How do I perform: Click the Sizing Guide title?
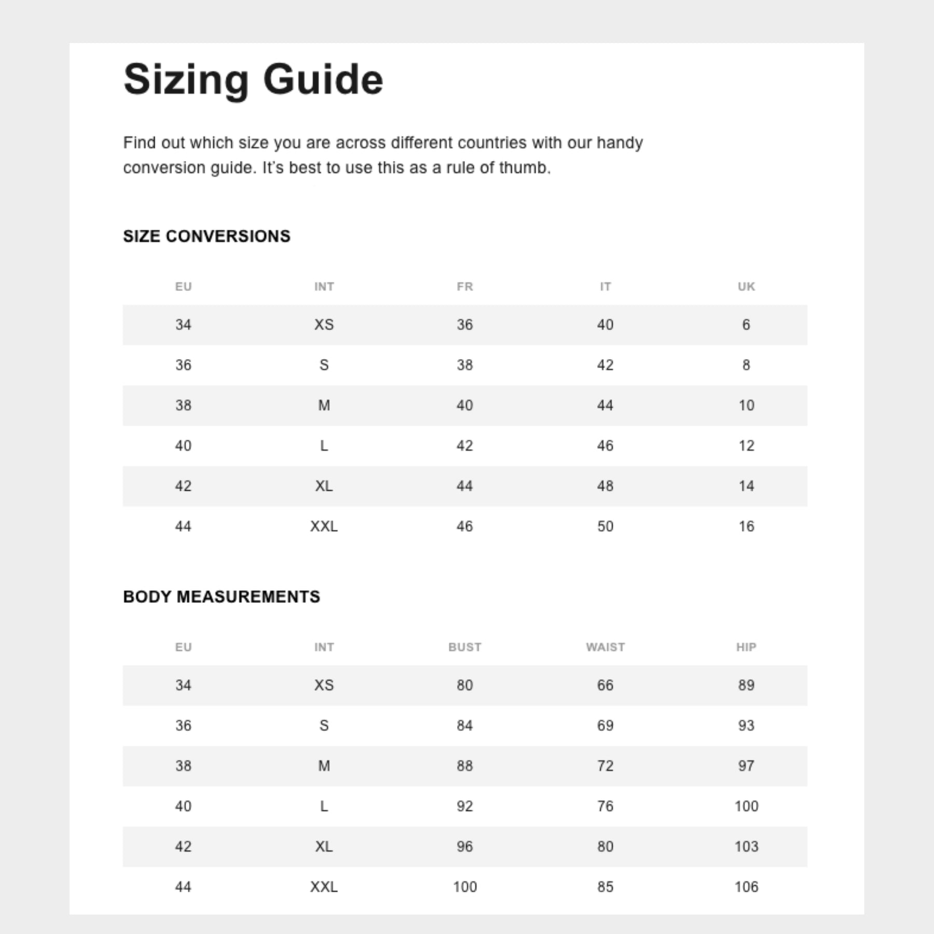pos(253,79)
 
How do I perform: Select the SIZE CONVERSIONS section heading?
pos(207,236)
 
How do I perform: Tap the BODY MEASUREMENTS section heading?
pos(222,597)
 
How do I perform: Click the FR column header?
pos(464,286)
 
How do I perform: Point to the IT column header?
pos(605,286)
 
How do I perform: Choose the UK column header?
pos(746,286)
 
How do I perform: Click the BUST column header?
pos(464,647)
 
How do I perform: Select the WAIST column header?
pos(605,647)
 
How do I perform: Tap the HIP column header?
pos(746,647)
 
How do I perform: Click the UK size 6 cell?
pos(746,325)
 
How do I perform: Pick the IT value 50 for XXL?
pos(605,526)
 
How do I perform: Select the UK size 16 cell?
pos(746,526)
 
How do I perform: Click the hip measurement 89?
pos(746,685)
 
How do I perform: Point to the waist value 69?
pos(605,725)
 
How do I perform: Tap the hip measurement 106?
pos(746,887)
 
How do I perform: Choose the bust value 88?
pos(464,766)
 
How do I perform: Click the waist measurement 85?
pos(605,887)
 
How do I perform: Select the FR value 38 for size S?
pos(464,365)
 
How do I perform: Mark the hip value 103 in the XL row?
pos(746,846)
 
